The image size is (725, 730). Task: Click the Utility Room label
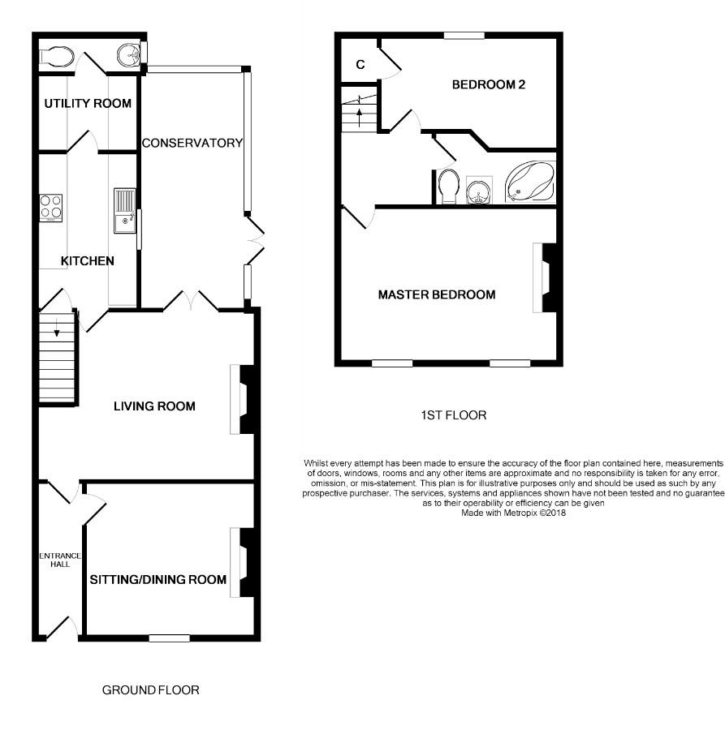click(x=88, y=103)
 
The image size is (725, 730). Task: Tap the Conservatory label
click(x=192, y=143)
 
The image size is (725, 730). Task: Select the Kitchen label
click(x=88, y=260)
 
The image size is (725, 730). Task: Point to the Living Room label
click(x=154, y=406)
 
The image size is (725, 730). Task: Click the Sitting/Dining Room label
click(x=158, y=580)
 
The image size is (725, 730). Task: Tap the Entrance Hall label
click(x=60, y=560)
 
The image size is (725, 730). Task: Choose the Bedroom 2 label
click(x=489, y=84)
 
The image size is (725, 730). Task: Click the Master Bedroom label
click(x=437, y=294)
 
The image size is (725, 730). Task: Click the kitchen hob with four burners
click(x=51, y=208)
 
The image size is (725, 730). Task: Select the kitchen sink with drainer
click(x=125, y=210)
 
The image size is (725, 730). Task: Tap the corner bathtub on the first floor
click(x=530, y=182)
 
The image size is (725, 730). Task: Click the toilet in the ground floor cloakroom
click(x=57, y=58)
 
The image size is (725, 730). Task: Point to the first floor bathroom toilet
click(x=449, y=187)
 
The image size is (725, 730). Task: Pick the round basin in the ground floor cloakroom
click(x=128, y=55)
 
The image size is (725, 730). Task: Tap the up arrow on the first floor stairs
click(x=359, y=118)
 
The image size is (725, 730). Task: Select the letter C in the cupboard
click(x=360, y=65)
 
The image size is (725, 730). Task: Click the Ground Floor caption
click(x=150, y=690)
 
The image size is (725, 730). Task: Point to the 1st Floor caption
click(x=453, y=415)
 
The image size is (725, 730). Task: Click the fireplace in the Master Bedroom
click(x=545, y=277)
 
